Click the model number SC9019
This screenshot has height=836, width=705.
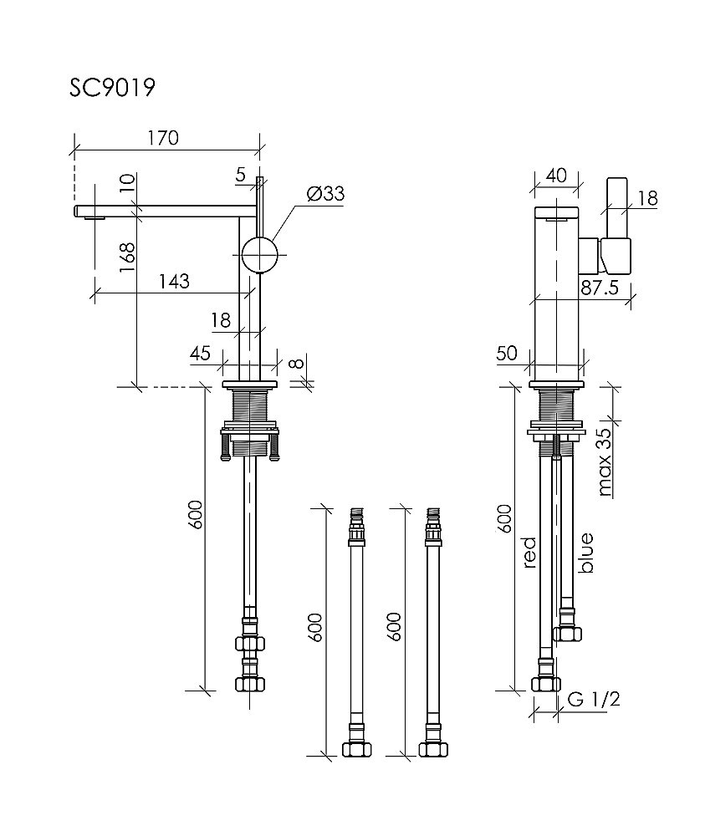(x=112, y=88)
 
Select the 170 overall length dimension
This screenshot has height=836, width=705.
(x=163, y=138)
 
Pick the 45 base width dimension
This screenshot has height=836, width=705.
(x=200, y=353)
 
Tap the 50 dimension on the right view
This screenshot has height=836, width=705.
(x=507, y=354)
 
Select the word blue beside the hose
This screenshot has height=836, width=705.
(x=586, y=553)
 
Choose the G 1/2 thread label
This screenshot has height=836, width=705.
(x=593, y=700)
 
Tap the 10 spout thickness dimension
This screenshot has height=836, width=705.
(x=126, y=186)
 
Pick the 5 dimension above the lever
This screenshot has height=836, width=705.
(x=241, y=175)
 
